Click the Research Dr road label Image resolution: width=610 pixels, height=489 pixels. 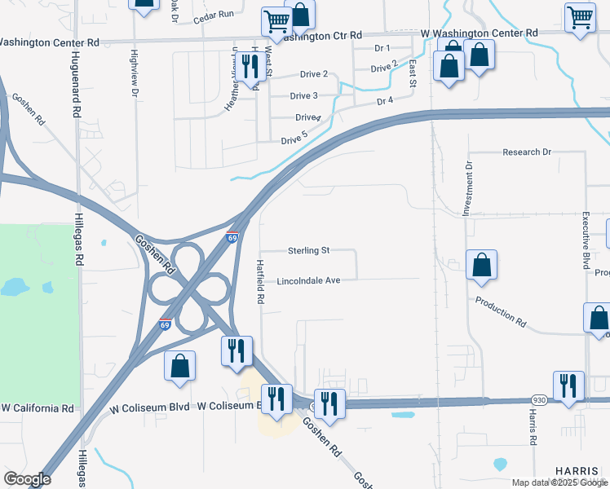click(527, 152)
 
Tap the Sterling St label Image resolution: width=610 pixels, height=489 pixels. click(308, 250)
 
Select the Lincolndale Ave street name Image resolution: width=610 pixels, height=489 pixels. click(308, 280)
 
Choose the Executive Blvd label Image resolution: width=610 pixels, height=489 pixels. click(586, 241)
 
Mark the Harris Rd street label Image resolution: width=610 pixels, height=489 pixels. click(532, 426)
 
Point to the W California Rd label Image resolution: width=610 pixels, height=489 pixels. click(38, 407)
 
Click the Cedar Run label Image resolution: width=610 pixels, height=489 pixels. click(214, 15)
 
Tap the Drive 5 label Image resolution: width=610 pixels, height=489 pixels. click(294, 139)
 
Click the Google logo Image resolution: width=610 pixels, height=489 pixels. click(27, 479)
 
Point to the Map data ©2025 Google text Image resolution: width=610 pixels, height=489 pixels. click(559, 482)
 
